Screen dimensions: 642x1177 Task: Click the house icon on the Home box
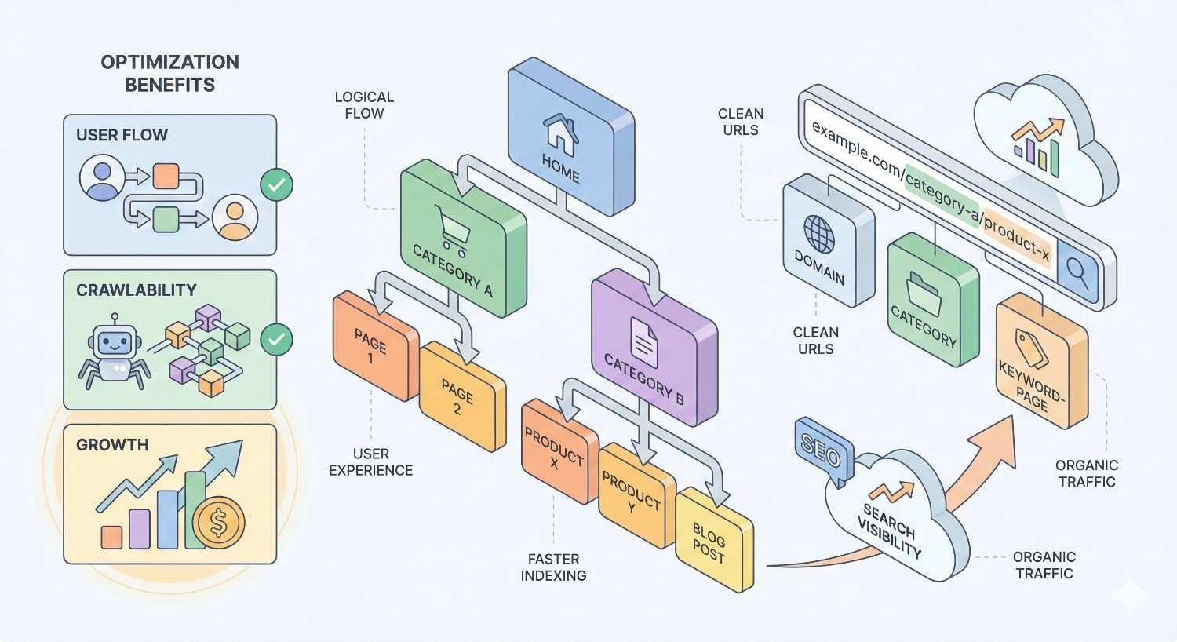(561, 134)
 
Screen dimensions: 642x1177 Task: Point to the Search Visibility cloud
(891, 522)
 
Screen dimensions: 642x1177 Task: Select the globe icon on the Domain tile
(819, 233)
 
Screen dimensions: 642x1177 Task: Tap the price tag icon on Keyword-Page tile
(1031, 347)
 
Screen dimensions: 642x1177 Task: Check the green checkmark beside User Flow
(276, 185)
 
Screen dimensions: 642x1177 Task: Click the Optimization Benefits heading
(169, 73)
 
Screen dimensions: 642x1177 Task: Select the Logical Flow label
(364, 105)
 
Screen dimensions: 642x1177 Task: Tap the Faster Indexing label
(553, 567)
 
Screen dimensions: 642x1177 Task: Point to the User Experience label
(370, 462)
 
